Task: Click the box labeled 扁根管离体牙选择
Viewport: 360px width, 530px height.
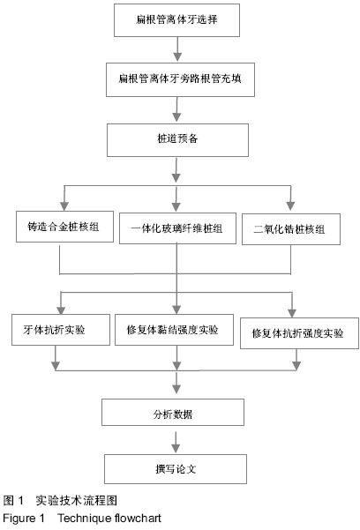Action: click(x=176, y=20)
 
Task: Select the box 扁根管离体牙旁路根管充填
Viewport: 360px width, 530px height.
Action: click(x=180, y=79)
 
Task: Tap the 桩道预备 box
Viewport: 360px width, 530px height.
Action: click(x=177, y=140)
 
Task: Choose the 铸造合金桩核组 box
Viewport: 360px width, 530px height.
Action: click(x=64, y=227)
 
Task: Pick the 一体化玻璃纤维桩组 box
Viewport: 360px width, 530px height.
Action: click(x=177, y=228)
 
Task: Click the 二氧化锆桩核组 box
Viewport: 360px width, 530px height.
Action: click(x=291, y=229)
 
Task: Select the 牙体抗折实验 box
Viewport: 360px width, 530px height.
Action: click(x=61, y=330)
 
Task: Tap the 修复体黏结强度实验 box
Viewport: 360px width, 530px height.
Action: click(x=174, y=330)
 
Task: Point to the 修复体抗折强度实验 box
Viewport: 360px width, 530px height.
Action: click(x=299, y=333)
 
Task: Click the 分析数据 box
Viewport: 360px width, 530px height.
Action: click(x=173, y=412)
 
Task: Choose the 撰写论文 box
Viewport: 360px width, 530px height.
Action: click(x=176, y=469)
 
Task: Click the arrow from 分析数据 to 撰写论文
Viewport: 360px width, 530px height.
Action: click(x=176, y=442)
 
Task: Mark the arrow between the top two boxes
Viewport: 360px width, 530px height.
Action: click(x=177, y=49)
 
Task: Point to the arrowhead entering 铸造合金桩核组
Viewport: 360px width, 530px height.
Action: click(x=64, y=205)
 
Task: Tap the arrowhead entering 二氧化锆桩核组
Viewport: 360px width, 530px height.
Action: click(x=290, y=205)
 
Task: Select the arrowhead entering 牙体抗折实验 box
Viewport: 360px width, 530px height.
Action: click(x=61, y=310)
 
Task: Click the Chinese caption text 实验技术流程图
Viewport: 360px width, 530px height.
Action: click(x=77, y=500)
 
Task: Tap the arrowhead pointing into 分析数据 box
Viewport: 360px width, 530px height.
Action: click(x=176, y=389)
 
